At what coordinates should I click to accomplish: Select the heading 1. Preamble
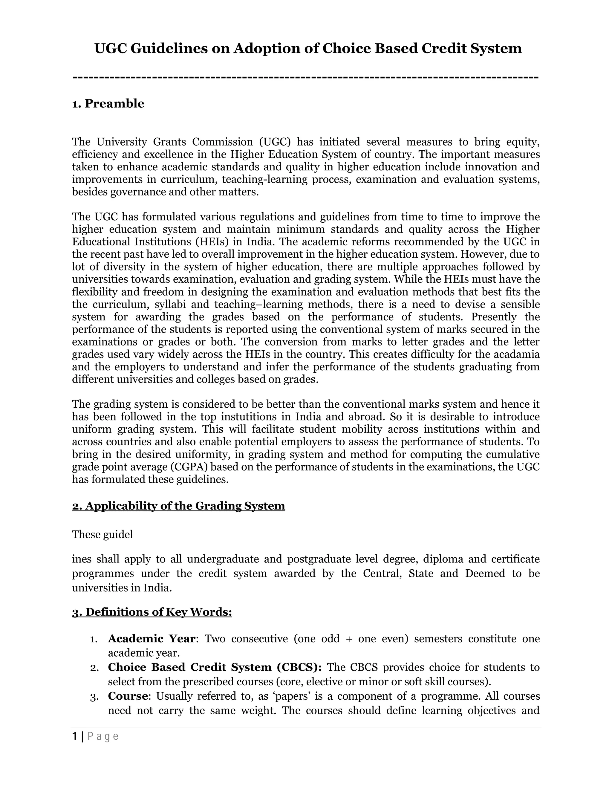108,104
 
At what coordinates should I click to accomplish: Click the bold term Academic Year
151,639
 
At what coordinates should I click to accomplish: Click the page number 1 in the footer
75,736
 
